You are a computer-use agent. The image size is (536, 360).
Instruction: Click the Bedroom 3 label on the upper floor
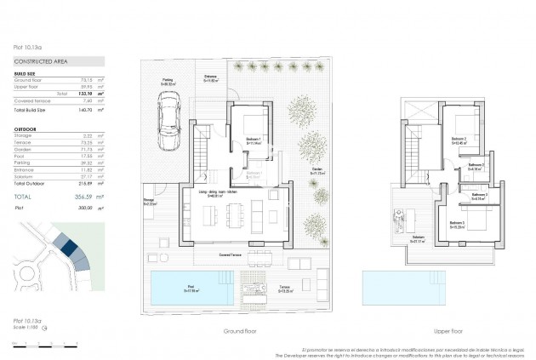pos(458,224)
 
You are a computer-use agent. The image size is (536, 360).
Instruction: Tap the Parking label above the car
pos(168,83)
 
